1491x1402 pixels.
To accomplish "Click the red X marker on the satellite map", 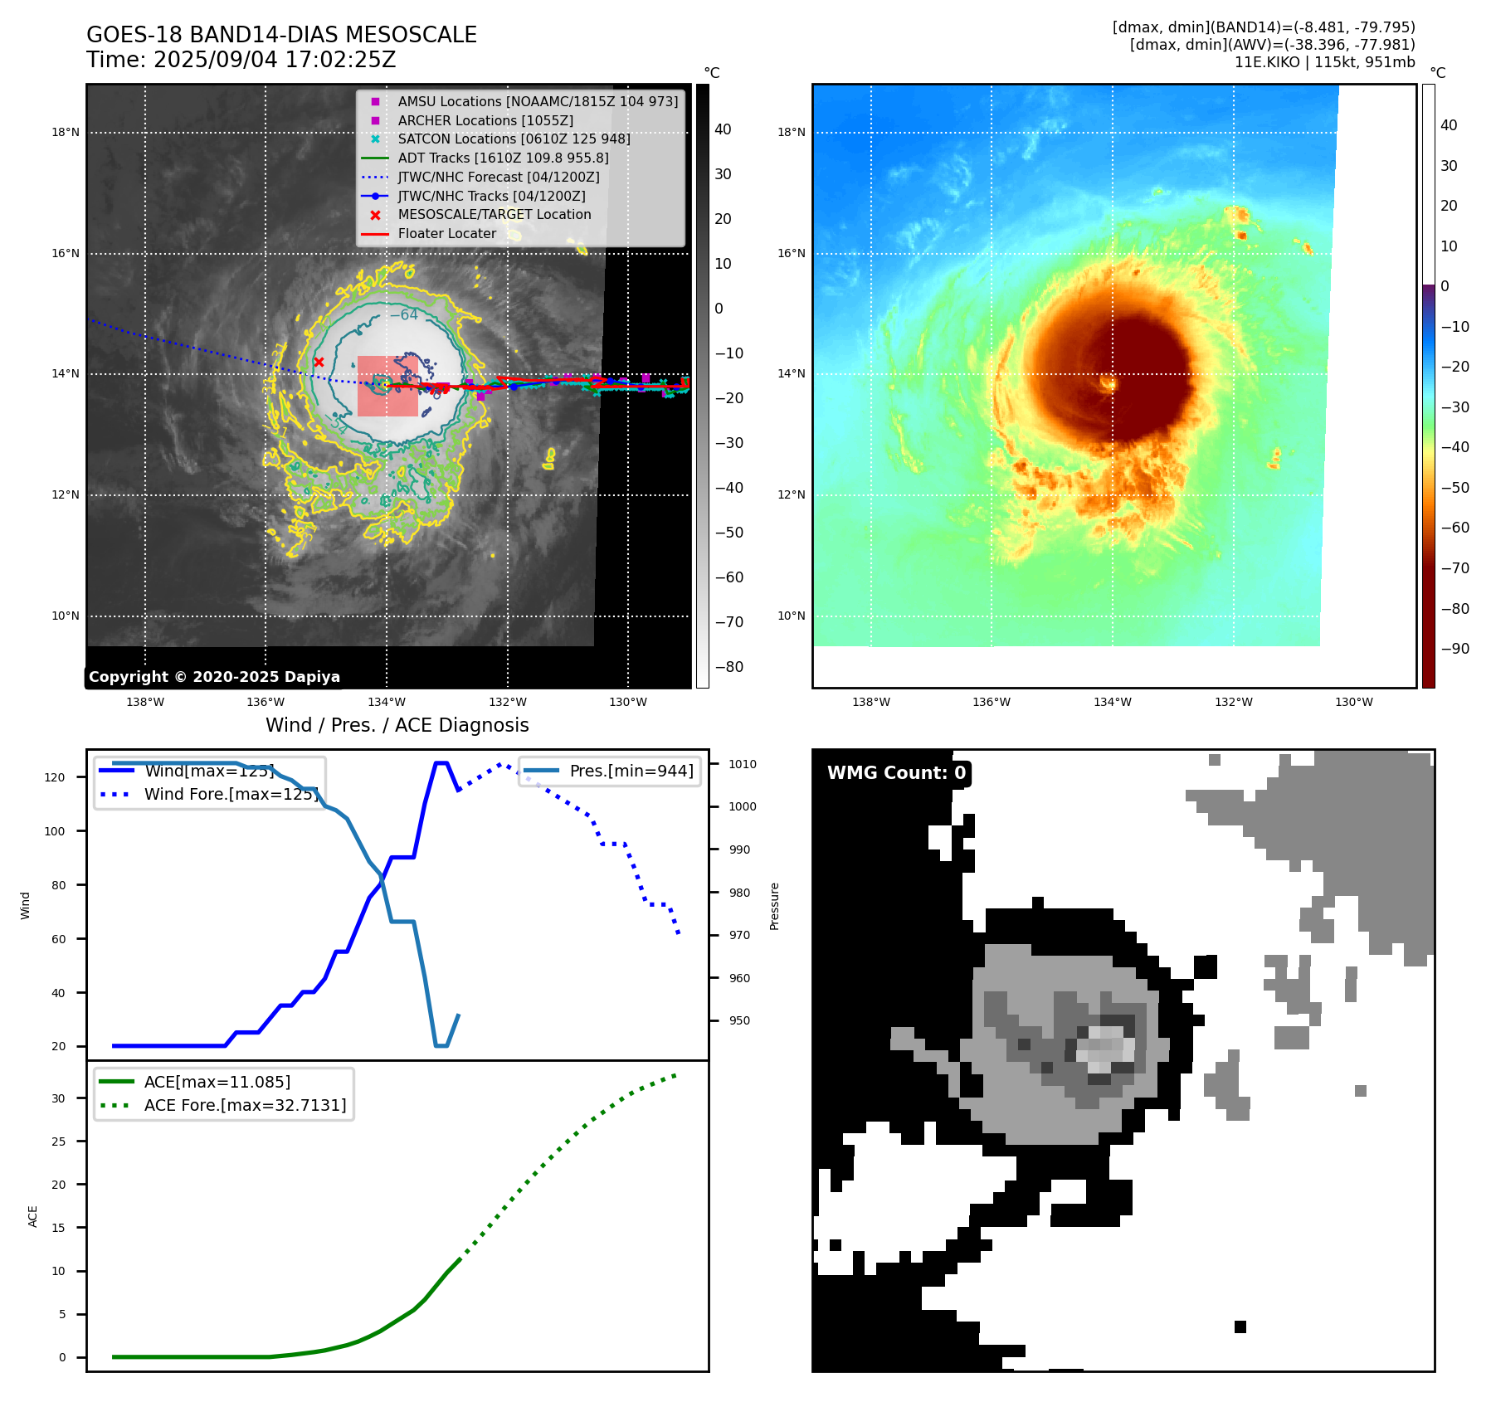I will (319, 362).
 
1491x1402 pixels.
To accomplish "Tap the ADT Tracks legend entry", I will (503, 158).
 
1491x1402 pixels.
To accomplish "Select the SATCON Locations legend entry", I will (514, 139).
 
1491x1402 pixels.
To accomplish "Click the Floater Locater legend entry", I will (446, 233).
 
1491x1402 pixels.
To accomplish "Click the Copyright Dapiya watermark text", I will (214, 677).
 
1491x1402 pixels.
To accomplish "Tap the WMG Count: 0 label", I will (896, 773).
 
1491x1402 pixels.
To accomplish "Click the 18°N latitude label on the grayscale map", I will (66, 132).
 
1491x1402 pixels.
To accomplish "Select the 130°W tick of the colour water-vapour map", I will (1353, 702).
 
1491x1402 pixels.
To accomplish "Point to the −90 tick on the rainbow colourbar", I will (1454, 649).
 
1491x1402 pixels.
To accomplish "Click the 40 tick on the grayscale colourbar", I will (723, 129).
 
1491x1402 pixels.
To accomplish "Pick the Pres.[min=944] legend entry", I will (631, 771).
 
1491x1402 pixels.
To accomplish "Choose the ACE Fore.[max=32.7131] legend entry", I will (245, 1105).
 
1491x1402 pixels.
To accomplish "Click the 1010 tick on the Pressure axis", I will (743, 764).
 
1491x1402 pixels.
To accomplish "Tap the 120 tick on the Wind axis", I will (55, 777).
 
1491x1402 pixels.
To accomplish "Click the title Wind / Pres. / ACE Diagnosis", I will (397, 725).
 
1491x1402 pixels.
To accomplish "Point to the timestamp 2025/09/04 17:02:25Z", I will (275, 60).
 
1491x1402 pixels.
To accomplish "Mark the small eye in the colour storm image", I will (1109, 382).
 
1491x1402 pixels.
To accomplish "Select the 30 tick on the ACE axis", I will (58, 1098).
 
